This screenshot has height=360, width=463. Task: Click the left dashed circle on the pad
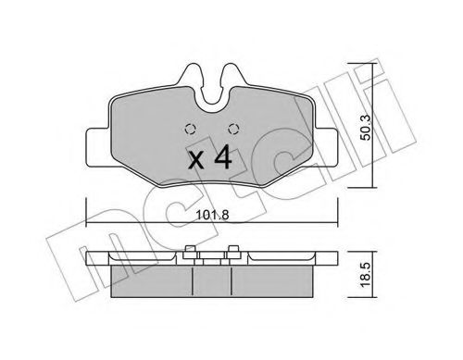190,129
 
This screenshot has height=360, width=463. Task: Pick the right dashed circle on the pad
233,129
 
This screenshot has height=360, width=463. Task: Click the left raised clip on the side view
189,249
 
